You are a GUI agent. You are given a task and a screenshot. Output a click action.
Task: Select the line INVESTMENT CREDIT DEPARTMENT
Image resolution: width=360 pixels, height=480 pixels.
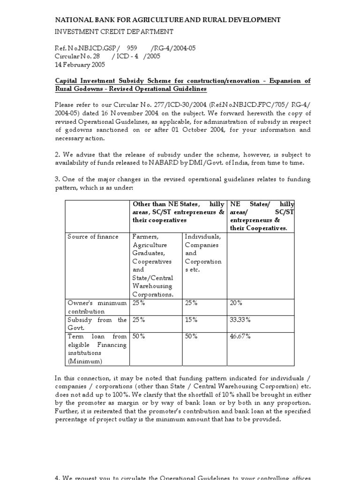(x=114, y=31)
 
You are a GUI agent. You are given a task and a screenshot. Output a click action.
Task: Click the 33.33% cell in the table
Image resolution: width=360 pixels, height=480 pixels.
(x=240, y=320)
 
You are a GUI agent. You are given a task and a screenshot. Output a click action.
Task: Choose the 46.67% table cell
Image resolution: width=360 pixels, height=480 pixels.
(x=240, y=337)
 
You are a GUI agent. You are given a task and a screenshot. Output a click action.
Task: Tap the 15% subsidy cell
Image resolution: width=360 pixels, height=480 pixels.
(x=191, y=320)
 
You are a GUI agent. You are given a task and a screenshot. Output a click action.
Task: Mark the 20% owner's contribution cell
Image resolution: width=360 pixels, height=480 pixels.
(x=236, y=303)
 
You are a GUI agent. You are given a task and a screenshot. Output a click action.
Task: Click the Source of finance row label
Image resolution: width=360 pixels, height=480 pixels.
(x=93, y=237)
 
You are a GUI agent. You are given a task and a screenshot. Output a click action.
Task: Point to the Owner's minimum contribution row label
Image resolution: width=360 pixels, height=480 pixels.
(x=97, y=307)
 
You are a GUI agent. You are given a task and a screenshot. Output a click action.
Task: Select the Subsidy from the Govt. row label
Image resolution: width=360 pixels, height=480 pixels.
(x=97, y=324)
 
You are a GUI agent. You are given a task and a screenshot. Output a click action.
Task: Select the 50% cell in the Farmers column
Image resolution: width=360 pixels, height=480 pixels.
(x=138, y=337)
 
